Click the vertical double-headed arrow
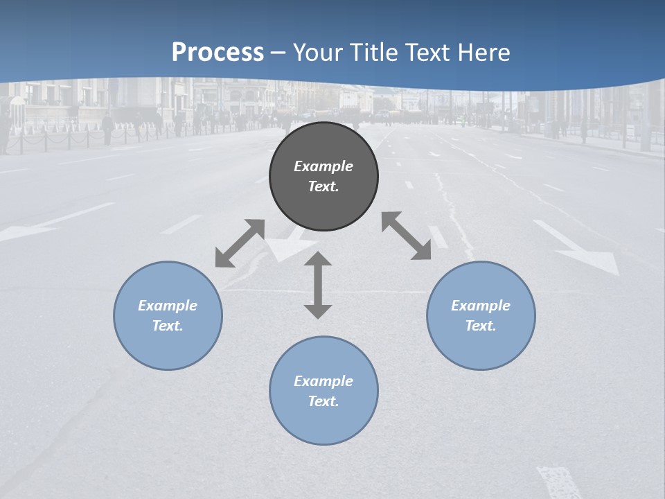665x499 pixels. pyautogui.click(x=318, y=285)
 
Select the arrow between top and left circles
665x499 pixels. pyautogui.click(x=240, y=243)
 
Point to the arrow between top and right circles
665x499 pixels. pyautogui.click(x=406, y=236)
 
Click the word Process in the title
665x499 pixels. pyautogui.click(x=218, y=52)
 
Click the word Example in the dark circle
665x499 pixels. pyautogui.click(x=323, y=166)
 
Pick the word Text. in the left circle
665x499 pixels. pyautogui.click(x=168, y=326)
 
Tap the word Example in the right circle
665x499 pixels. pyautogui.click(x=481, y=306)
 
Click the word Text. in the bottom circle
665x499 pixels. pyautogui.click(x=323, y=401)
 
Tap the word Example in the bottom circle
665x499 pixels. pyautogui.click(x=323, y=381)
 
